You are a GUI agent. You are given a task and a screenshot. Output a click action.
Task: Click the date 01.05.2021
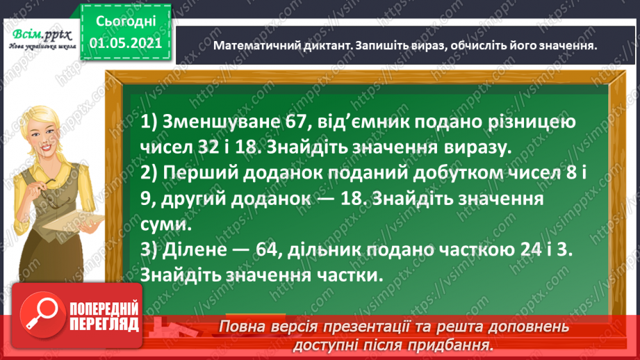pyautogui.click(x=126, y=43)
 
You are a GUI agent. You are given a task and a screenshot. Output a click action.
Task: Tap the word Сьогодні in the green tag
pyautogui.click(x=126, y=21)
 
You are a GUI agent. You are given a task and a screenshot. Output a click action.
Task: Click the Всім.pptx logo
pyautogui.click(x=42, y=38)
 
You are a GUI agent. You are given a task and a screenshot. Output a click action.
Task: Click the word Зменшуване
pyautogui.click(x=221, y=122)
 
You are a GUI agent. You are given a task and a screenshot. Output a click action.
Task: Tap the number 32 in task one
pyautogui.click(x=208, y=147)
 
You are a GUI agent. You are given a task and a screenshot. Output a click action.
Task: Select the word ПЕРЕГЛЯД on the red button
pyautogui.click(x=104, y=325)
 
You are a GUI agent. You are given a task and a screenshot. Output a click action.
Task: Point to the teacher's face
pyautogui.click(x=44, y=138)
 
